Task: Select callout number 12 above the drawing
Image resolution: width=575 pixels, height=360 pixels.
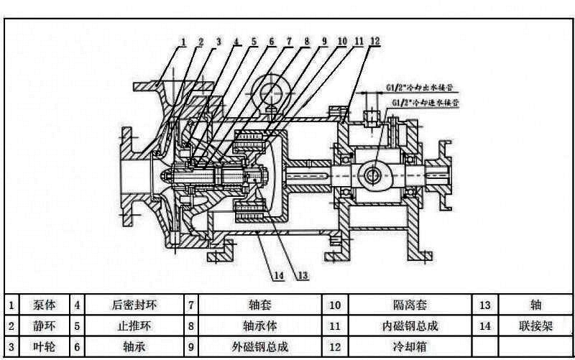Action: point(374,42)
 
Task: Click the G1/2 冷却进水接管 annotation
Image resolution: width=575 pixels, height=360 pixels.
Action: point(428,103)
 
